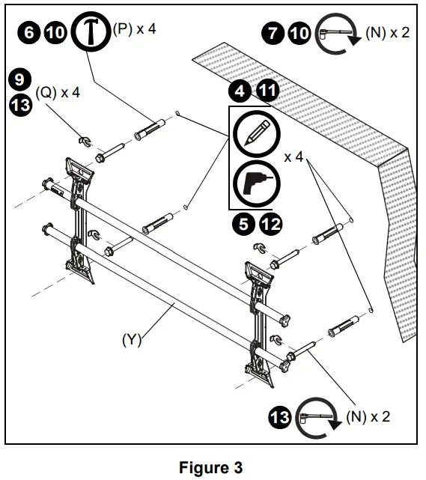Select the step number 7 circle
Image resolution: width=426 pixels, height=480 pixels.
click(x=273, y=34)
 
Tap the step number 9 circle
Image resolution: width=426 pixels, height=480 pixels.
click(x=22, y=78)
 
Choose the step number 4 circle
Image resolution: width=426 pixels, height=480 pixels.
click(x=241, y=93)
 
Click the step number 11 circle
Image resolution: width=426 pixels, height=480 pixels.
click(x=268, y=93)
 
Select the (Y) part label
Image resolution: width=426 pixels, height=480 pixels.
click(x=132, y=339)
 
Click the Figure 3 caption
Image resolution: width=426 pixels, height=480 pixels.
click(x=211, y=468)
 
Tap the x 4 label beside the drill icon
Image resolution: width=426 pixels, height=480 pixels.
click(x=296, y=158)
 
